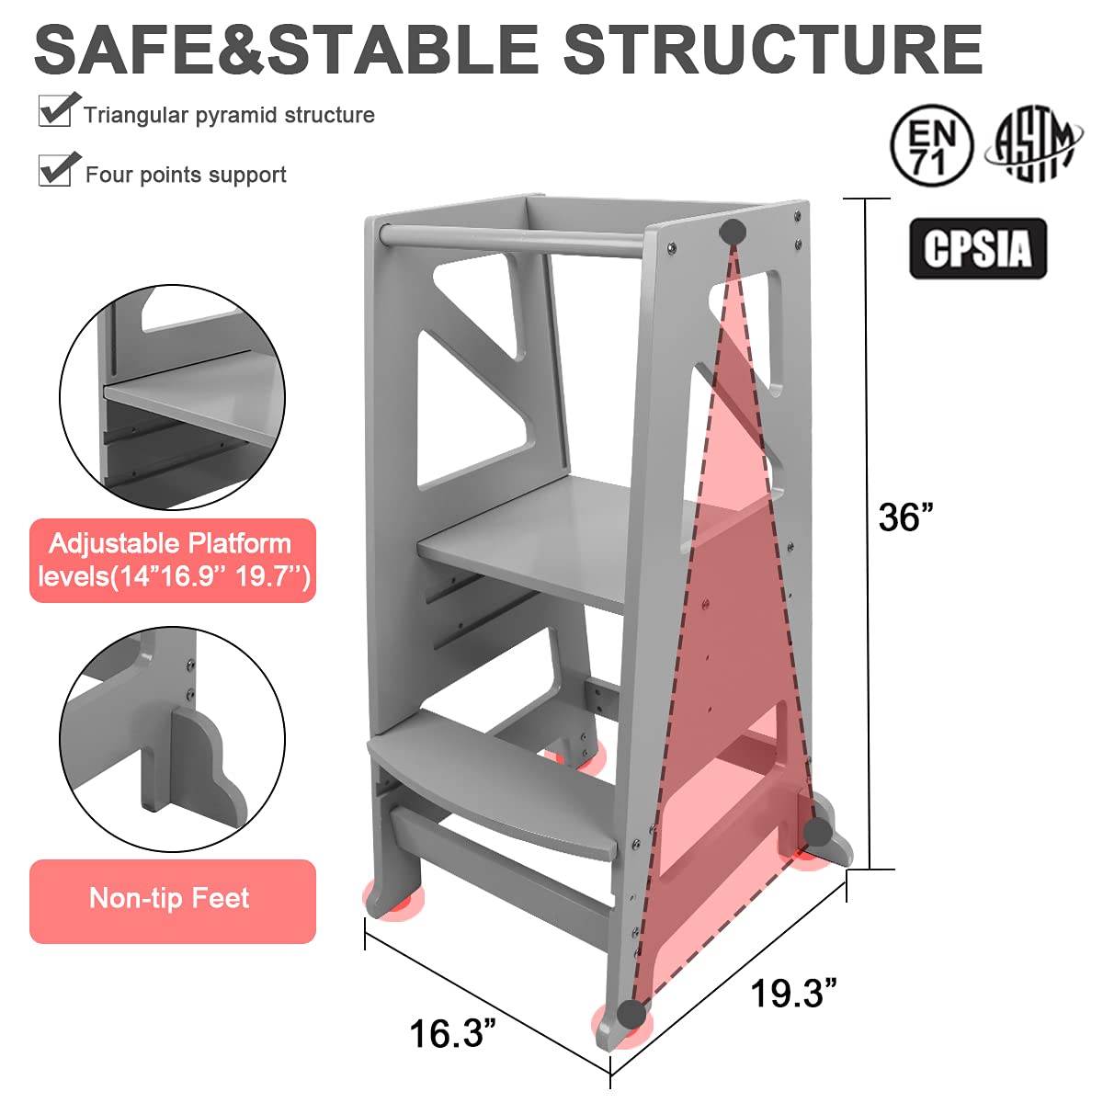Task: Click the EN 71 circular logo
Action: click(x=931, y=145)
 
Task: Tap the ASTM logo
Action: click(x=1033, y=142)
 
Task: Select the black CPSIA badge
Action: click(x=978, y=248)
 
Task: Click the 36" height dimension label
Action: click(x=905, y=517)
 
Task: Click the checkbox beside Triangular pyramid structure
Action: click(x=57, y=110)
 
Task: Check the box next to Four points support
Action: click(x=57, y=169)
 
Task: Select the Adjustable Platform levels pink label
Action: click(x=172, y=560)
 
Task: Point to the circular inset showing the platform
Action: click(x=172, y=397)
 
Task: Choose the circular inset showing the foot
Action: click(x=172, y=739)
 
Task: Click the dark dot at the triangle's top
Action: click(x=733, y=231)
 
